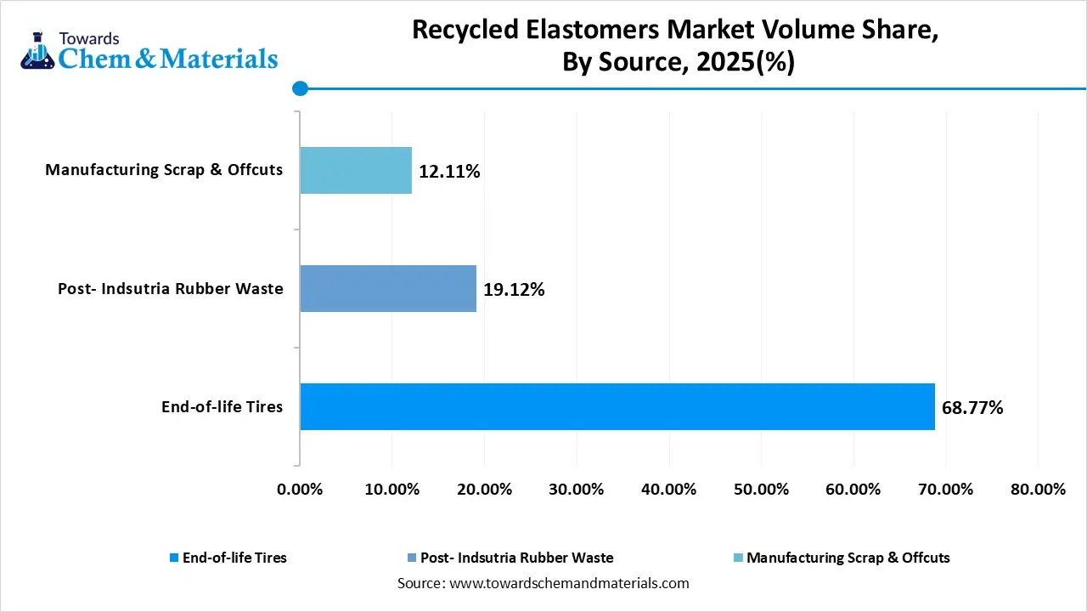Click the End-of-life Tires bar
tap(617, 406)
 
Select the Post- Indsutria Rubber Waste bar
tap(388, 288)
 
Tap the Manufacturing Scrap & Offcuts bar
tap(356, 170)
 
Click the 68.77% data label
tap(972, 408)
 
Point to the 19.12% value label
tap(514, 290)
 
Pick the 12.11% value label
tap(449, 172)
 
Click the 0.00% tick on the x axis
tap(300, 490)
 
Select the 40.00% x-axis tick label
tap(669, 490)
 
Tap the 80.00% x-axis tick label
tap(1038, 490)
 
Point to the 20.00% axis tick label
tap(484, 490)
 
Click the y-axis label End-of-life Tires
tap(222, 407)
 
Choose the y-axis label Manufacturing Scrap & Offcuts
tap(164, 170)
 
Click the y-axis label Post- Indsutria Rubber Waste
tap(170, 289)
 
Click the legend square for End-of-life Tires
tap(174, 558)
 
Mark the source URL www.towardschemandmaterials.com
tap(567, 584)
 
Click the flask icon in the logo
tap(36, 53)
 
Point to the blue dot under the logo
tap(299, 88)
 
